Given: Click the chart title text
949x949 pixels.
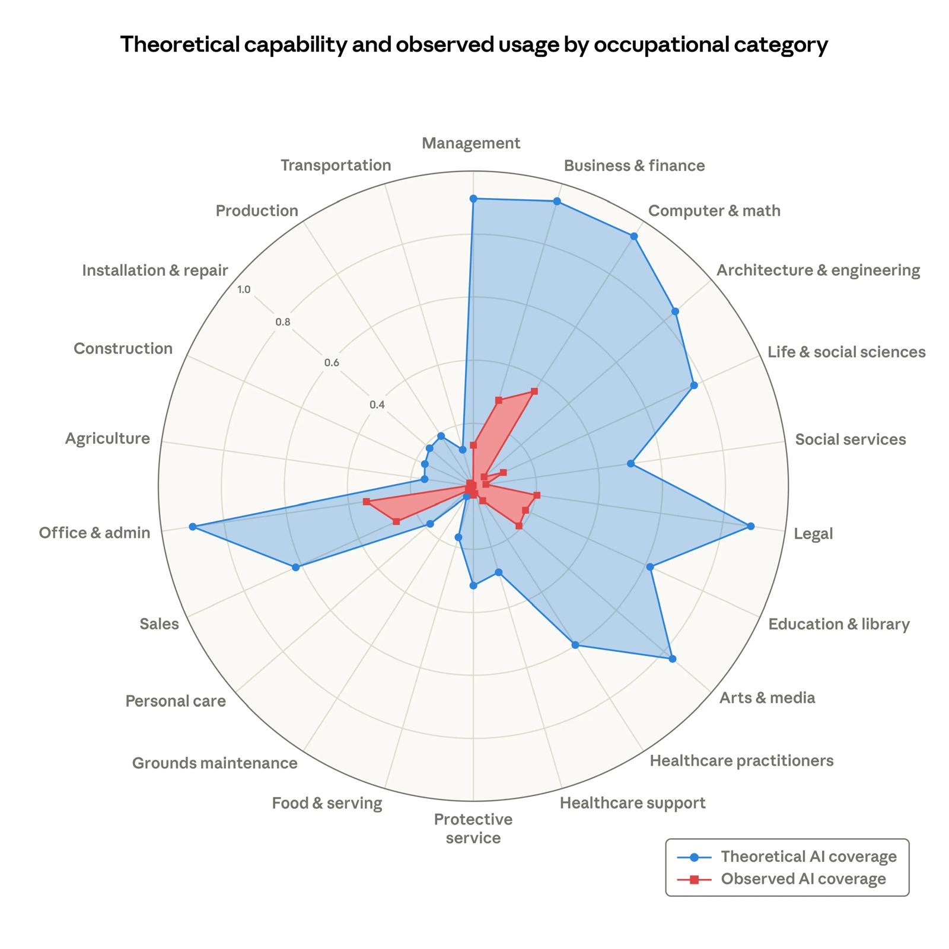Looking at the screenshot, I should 474,44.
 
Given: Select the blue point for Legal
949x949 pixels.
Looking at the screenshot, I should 750,526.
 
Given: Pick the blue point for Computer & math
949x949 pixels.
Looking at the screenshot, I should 633,236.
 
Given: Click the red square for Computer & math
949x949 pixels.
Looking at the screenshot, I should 534,391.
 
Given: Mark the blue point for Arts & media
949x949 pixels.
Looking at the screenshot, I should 672,658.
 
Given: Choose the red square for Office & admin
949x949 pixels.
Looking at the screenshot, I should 366,502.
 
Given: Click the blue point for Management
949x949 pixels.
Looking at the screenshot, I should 473,199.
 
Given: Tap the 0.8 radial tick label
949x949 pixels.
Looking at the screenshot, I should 283,323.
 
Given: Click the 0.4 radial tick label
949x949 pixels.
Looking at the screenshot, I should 377,405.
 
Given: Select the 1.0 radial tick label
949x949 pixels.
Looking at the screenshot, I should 244,289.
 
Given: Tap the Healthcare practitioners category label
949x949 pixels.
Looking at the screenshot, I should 741,760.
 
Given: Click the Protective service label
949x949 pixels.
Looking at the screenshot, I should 473,829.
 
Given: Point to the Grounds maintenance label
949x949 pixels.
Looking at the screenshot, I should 215,763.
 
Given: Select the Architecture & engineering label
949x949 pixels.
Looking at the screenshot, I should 818,270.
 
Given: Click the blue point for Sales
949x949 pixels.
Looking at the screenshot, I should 296,568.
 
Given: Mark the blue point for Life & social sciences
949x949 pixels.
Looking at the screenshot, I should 694,386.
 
